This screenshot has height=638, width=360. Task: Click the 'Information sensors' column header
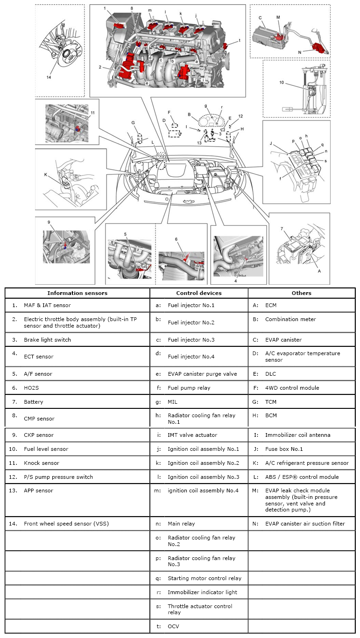[x=77, y=293]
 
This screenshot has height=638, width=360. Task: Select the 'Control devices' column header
[x=198, y=293]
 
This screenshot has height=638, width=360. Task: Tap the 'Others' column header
[x=301, y=293]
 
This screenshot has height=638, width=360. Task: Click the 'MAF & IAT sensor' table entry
[x=47, y=305]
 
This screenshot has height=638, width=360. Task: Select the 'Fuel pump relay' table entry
[x=189, y=388]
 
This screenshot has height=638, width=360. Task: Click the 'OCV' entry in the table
[x=173, y=626]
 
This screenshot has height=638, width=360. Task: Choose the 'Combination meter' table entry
[x=290, y=319]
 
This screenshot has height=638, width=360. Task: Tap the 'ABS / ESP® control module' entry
[x=302, y=477]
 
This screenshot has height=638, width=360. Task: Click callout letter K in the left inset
[x=46, y=175]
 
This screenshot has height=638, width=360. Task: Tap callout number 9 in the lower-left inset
[x=48, y=222]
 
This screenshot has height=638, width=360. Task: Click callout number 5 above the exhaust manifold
[x=125, y=234]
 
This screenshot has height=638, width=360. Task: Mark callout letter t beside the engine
[x=240, y=41]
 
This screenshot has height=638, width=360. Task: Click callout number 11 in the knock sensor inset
[x=92, y=113]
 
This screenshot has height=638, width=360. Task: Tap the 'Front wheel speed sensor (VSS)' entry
[x=64, y=524]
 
